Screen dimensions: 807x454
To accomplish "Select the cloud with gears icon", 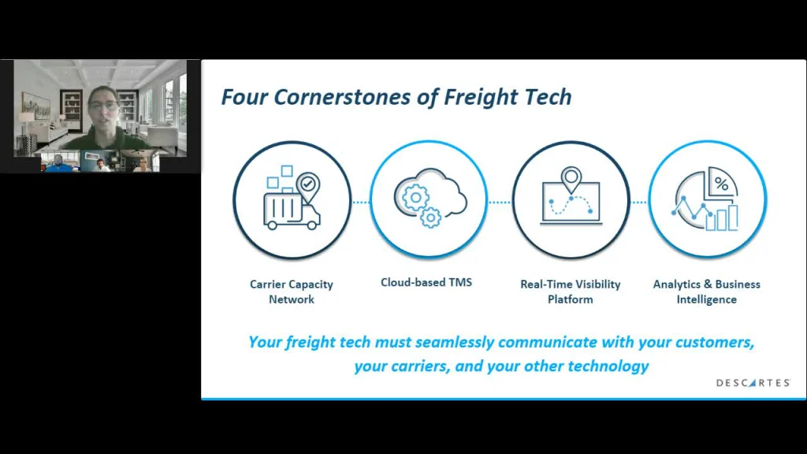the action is click(430, 198).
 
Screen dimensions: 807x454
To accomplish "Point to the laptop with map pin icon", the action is click(571, 196).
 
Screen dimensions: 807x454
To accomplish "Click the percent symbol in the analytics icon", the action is click(722, 183).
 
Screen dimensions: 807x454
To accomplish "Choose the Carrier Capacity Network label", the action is click(292, 292).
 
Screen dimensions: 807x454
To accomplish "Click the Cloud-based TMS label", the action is click(426, 282).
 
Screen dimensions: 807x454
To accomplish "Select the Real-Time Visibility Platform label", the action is click(571, 292).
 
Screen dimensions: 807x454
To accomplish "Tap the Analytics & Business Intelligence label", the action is click(707, 292).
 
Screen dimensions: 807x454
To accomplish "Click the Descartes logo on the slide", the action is click(753, 383).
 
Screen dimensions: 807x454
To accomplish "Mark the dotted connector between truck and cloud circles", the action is click(361, 203).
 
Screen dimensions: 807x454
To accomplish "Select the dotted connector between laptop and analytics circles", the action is click(639, 203).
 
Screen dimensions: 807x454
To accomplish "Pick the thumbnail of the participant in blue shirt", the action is click(60, 161).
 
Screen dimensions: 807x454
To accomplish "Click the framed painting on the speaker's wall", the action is click(35, 106).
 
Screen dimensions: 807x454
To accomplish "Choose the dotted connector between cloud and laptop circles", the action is click(500, 203).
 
